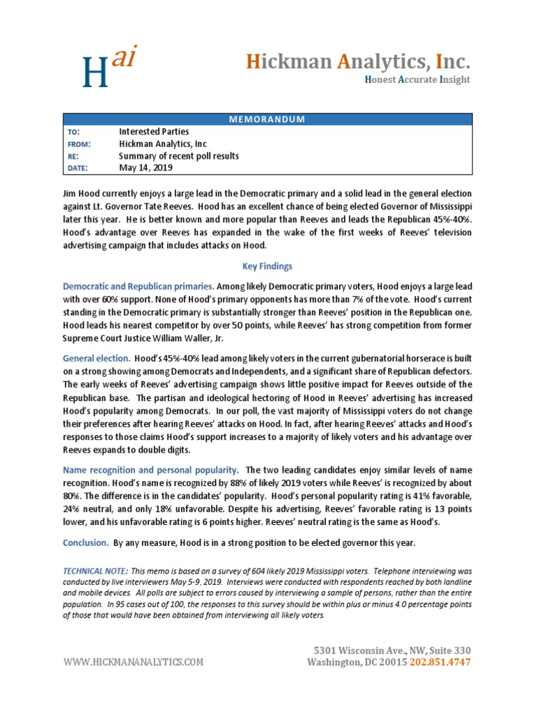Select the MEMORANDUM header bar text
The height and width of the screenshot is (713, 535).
click(267, 119)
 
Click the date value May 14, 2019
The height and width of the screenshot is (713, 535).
click(146, 169)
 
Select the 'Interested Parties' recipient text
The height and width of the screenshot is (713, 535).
click(154, 132)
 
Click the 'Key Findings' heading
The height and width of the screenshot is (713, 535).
click(267, 266)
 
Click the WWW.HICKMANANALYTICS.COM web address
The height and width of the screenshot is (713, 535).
click(134, 662)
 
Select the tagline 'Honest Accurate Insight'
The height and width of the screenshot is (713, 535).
click(417, 79)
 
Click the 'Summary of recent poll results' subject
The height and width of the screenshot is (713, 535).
click(178, 157)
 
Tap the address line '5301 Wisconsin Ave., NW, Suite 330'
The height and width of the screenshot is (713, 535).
click(393, 650)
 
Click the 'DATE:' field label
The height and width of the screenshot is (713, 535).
click(77, 169)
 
